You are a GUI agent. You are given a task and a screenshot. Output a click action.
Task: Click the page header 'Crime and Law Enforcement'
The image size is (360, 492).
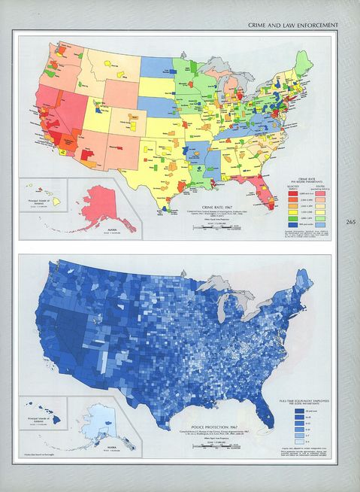pyautogui.click(x=292, y=25)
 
